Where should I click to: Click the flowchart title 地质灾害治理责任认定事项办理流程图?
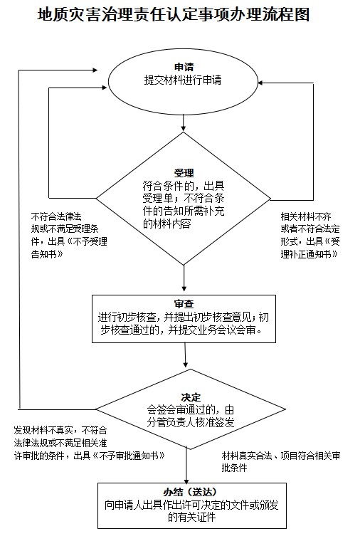(x=174, y=14)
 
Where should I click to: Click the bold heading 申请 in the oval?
(x=184, y=67)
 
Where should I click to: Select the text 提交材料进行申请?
(x=183, y=80)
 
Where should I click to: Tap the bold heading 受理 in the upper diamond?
(x=184, y=173)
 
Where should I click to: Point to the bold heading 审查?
(x=184, y=304)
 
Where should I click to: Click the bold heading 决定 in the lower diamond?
(x=191, y=397)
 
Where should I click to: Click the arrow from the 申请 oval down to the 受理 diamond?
(x=183, y=122)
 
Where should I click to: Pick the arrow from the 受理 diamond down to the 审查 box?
(x=184, y=278)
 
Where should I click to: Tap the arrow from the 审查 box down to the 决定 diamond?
(x=185, y=355)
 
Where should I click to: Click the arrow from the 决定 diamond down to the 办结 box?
(x=186, y=465)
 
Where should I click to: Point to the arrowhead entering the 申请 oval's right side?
(x=260, y=83)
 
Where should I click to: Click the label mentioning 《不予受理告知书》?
(x=69, y=236)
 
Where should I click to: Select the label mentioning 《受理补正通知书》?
(x=310, y=236)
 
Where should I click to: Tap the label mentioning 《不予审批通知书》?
(x=90, y=443)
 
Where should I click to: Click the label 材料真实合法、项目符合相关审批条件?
(x=281, y=462)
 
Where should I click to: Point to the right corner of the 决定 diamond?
(x=285, y=409)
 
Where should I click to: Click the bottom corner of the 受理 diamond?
(x=184, y=266)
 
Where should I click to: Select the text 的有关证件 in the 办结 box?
(x=191, y=517)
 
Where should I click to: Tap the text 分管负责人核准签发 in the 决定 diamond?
(x=191, y=423)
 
